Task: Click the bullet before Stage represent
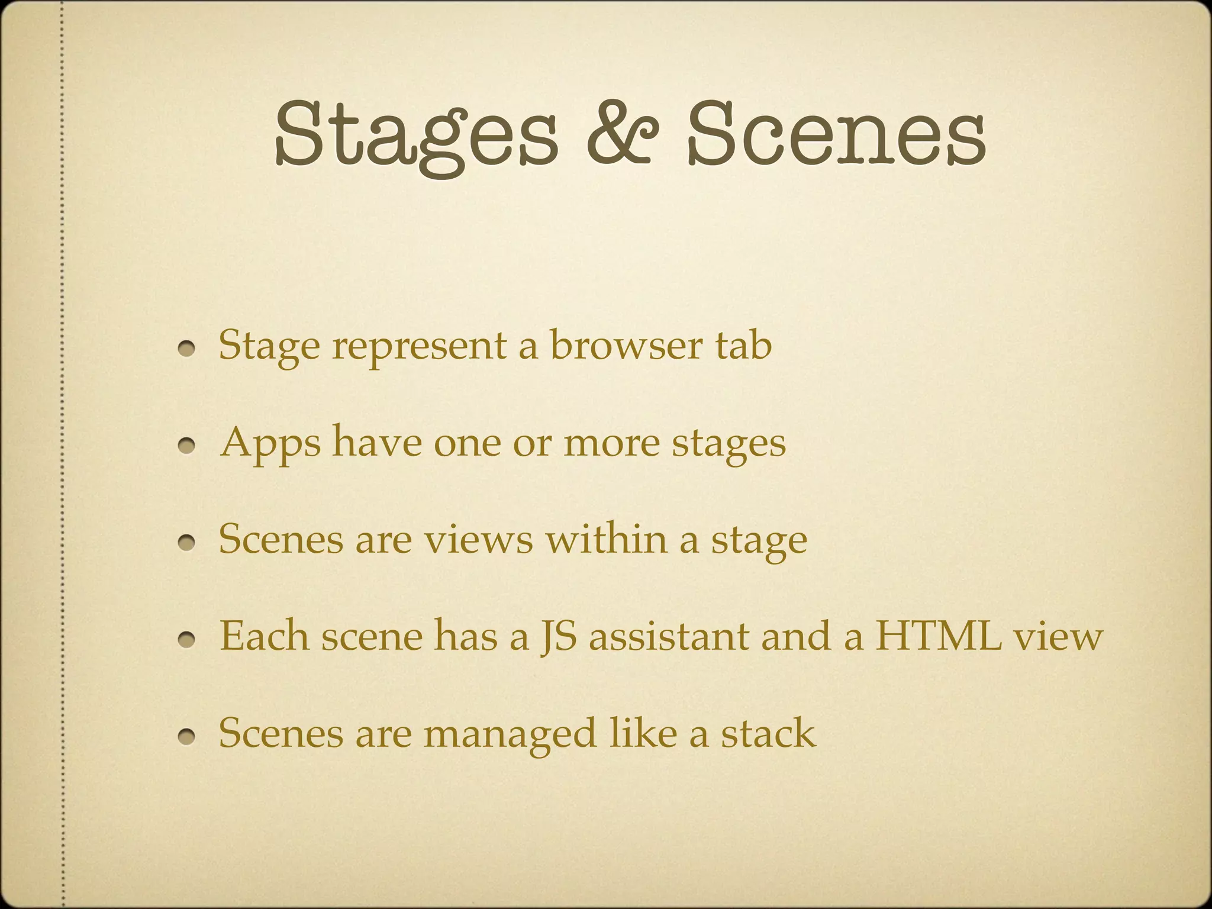coord(188,350)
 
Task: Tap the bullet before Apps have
coord(188,447)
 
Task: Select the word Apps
coord(270,444)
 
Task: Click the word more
coord(611,444)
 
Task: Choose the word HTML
coord(939,637)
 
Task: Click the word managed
coord(510,734)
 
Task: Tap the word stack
coord(768,733)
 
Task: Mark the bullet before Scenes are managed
coord(188,737)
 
